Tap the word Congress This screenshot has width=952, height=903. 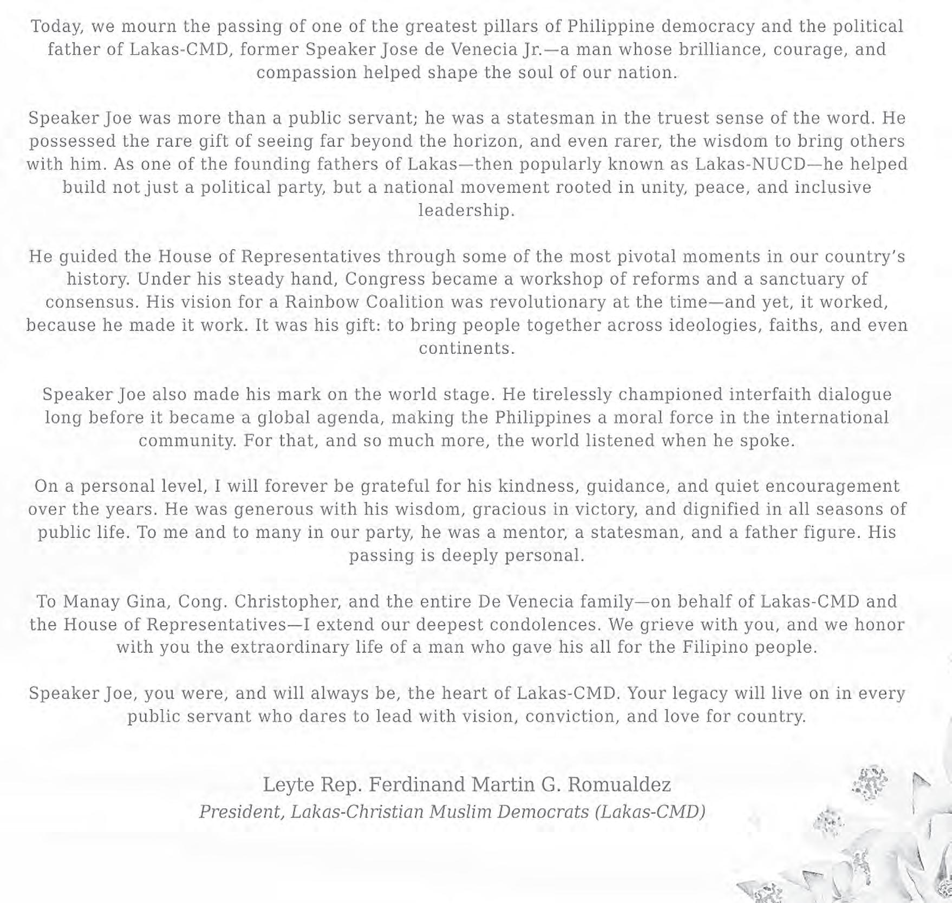pos(386,279)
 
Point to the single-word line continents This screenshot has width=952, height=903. pos(467,348)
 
